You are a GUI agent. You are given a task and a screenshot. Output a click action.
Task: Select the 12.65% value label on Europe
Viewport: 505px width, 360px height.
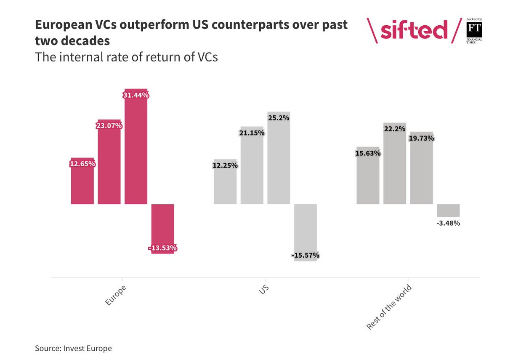coord(82,164)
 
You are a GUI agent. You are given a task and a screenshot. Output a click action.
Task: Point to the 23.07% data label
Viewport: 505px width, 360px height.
coord(109,125)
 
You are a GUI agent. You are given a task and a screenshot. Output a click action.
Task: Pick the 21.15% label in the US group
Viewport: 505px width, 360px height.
coord(252,133)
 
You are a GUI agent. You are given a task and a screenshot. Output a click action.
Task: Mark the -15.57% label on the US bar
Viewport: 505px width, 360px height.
coord(305,255)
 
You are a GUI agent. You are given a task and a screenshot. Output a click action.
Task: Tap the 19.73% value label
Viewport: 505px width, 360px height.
coord(421,138)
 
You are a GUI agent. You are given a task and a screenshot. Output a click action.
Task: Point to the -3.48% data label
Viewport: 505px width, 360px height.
coord(448,223)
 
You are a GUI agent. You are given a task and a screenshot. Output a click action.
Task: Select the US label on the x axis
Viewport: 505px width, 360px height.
coord(263,291)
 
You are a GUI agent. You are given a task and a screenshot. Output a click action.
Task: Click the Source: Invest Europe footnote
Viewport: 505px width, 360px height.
coord(73,348)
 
